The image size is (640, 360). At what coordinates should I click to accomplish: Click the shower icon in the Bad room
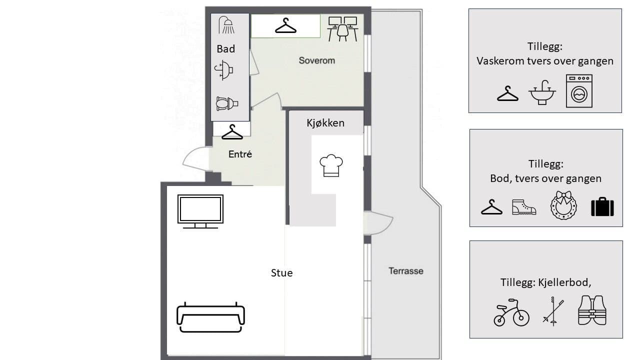coord(226,25)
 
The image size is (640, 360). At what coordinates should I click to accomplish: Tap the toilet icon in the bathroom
coord(227,103)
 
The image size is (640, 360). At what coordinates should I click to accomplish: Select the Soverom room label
coord(317,60)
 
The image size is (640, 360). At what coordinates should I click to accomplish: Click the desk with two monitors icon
coord(342,29)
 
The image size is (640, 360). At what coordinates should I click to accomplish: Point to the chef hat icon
coord(331,165)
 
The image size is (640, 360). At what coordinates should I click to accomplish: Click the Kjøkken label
coord(325,123)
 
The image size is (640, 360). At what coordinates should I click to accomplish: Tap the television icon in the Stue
coord(200,211)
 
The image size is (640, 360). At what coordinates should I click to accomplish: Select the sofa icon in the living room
coord(210,317)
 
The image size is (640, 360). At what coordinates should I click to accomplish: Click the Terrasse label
coord(405,271)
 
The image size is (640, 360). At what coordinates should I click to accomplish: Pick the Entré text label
coord(240,154)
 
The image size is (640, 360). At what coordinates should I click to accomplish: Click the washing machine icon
coord(579,91)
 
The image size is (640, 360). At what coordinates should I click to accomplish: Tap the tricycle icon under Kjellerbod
coord(511,312)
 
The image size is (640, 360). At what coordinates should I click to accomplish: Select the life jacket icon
coord(592,310)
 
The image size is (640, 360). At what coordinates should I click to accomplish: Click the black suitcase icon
coord(602,206)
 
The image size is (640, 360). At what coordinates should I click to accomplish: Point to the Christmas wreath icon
coord(563,205)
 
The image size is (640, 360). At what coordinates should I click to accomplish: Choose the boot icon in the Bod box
coord(524,207)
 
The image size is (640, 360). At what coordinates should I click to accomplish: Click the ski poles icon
coord(553,311)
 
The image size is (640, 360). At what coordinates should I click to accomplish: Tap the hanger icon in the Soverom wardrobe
coord(285,25)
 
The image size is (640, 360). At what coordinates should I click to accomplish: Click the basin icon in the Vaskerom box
coord(542,92)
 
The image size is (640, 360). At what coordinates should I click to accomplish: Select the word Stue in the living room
coord(281,273)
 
